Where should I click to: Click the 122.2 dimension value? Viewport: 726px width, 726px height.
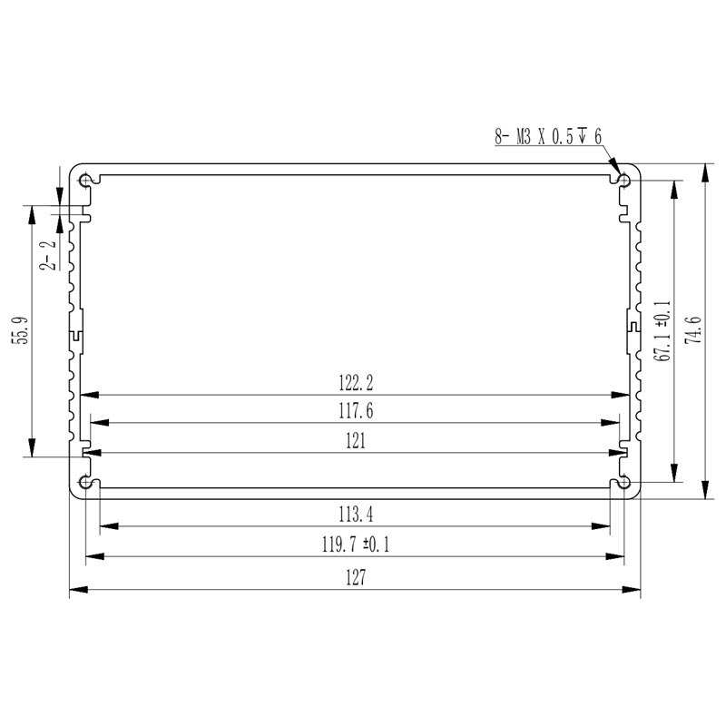(356, 383)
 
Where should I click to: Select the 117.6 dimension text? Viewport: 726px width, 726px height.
(356, 411)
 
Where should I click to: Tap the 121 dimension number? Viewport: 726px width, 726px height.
(356, 441)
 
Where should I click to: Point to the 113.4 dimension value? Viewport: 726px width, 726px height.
(356, 515)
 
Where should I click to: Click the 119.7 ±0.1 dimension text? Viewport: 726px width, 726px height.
(356, 544)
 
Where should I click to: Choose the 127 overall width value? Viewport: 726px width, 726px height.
(356, 578)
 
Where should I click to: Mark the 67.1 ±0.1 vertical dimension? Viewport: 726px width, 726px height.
(662, 330)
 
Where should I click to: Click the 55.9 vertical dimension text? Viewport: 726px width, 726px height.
(22, 330)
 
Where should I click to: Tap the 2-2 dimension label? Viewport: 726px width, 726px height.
(48, 256)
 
